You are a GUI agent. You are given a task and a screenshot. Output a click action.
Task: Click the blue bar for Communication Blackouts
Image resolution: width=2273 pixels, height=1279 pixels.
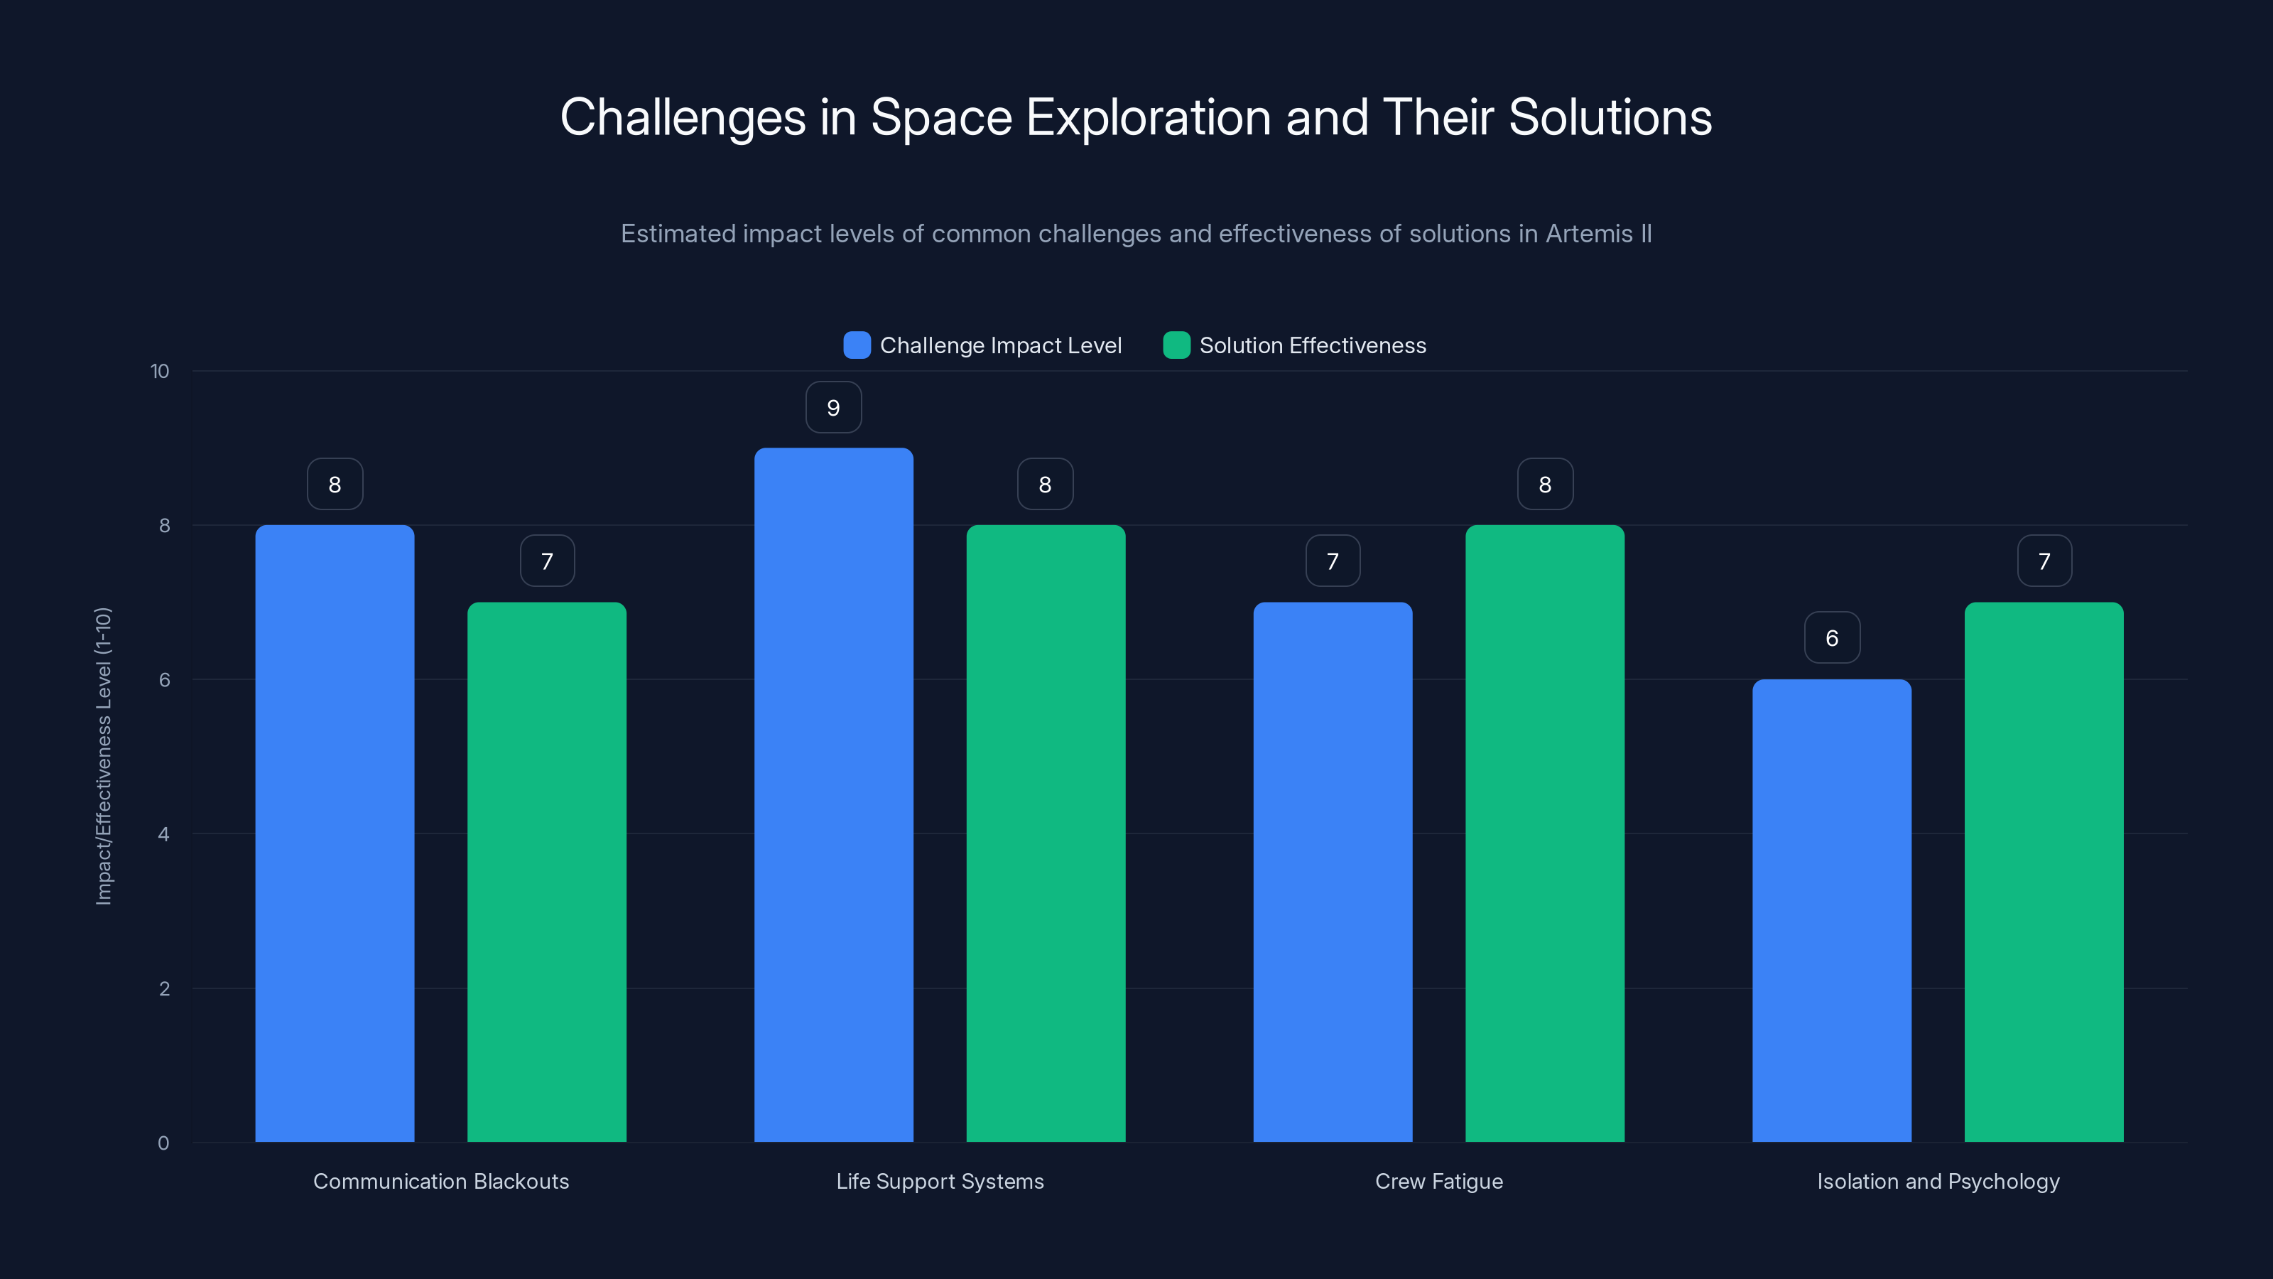coord(335,833)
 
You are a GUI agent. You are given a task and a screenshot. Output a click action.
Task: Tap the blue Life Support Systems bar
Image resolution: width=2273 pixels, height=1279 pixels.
coord(833,794)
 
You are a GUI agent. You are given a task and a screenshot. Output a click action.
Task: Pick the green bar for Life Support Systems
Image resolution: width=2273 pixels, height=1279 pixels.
coord(1046,833)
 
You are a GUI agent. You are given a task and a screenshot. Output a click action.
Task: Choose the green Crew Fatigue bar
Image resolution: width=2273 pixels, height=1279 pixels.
coord(1544,833)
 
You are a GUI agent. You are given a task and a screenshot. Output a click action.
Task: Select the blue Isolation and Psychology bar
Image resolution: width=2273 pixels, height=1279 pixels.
coord(1832,910)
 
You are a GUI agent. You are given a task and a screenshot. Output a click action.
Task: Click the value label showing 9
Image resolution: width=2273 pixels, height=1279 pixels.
coord(833,408)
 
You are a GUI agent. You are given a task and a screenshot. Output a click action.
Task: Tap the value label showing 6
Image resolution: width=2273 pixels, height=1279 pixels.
coord(1832,638)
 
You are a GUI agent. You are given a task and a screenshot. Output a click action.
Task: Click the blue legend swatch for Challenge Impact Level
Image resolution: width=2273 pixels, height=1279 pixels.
coord(857,345)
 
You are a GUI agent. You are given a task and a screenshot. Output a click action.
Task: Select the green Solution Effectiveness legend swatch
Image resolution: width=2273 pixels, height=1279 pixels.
coord(1176,345)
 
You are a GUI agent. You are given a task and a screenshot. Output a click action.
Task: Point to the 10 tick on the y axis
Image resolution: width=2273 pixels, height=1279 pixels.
coord(160,372)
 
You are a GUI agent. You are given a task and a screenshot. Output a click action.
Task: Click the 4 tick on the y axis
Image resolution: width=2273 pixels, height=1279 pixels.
coord(163,834)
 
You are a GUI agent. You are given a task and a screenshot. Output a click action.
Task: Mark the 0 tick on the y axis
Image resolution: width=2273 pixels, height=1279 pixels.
coord(163,1143)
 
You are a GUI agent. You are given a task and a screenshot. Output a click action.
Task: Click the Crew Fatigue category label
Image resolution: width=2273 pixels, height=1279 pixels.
coord(1438,1181)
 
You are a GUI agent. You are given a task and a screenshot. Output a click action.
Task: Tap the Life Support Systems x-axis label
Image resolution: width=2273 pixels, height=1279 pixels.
coord(940,1181)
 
